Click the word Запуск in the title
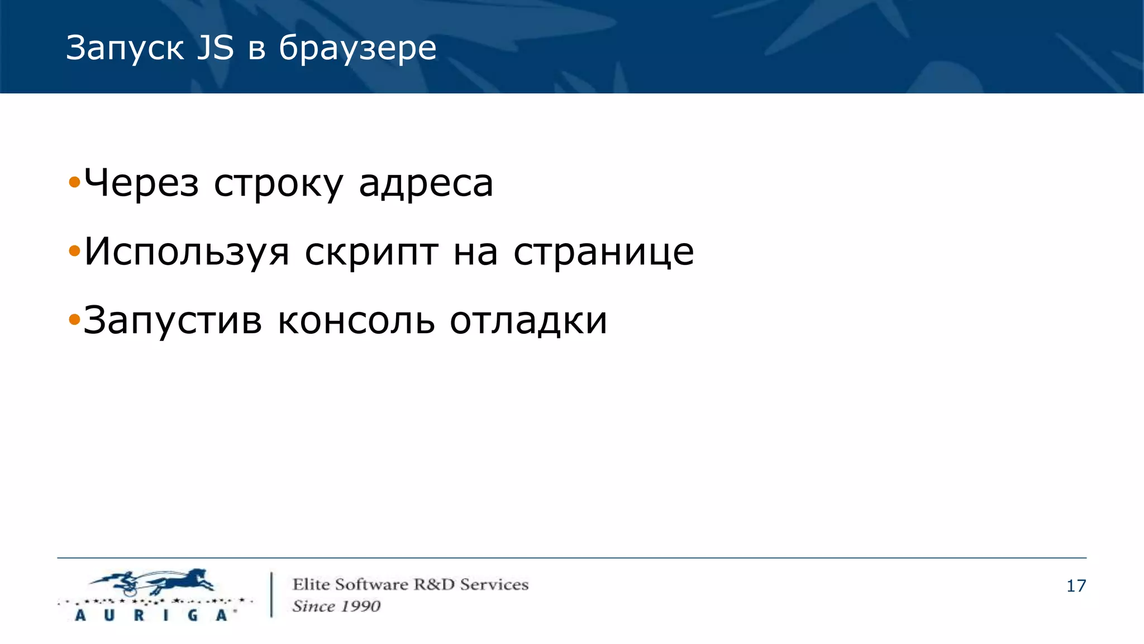[125, 48]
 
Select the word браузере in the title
[357, 48]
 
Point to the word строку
[278, 184]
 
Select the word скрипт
[371, 253]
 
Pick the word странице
[603, 252]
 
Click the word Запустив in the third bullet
[173, 321]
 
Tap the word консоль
[356, 321]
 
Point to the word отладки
[528, 321]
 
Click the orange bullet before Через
[74, 182]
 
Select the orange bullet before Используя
[74, 252]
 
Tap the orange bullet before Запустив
[74, 320]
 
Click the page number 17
[1076, 586]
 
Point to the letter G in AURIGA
[193, 615]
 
